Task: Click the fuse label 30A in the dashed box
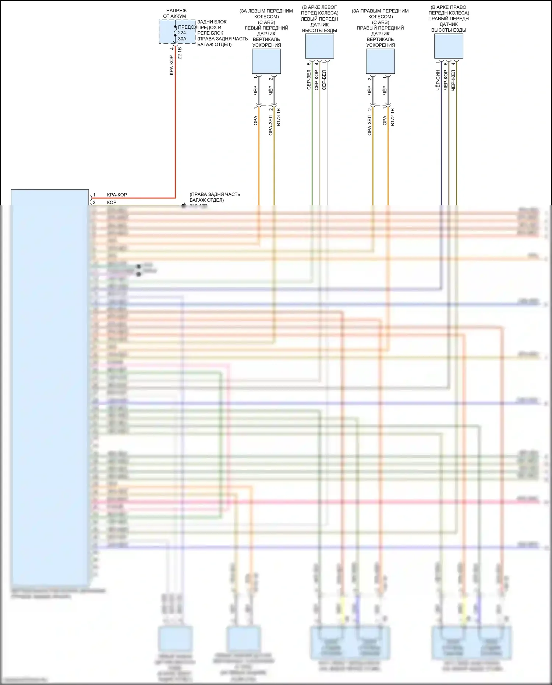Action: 182,39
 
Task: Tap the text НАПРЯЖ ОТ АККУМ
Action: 175,14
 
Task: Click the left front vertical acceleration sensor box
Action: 266,61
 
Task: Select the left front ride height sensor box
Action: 319,46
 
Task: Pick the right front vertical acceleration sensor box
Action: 380,61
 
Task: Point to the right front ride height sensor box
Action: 449,46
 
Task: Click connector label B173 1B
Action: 279,117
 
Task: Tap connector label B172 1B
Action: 393,117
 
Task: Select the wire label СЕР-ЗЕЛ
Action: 309,80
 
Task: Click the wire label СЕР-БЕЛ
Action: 324,80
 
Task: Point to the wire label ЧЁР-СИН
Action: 438,80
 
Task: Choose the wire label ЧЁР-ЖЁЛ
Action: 453,80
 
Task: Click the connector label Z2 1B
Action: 180,53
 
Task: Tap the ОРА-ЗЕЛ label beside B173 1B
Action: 271,125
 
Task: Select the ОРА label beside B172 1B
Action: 385,120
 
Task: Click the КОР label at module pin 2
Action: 112,202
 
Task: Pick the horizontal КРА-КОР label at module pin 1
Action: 117,195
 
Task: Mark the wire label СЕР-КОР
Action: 316,80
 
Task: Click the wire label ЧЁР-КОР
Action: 446,80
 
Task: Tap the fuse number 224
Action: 182,33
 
